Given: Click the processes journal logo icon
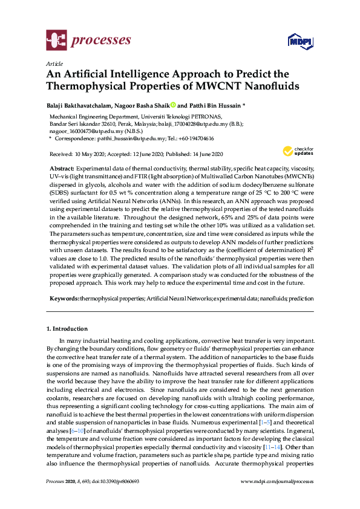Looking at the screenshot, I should pos(56,41).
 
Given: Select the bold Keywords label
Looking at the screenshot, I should pos(63,299).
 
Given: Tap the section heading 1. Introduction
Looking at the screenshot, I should pos(67,329).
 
